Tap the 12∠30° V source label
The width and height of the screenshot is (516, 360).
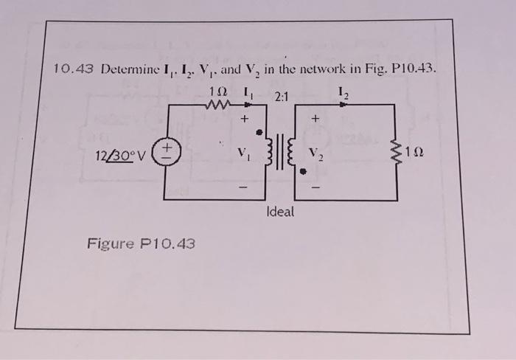(122, 156)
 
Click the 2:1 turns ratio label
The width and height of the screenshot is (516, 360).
(282, 95)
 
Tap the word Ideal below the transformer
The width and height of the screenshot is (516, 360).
(279, 211)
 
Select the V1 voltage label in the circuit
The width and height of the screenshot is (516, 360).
(243, 155)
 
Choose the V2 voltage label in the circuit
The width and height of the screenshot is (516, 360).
(315, 156)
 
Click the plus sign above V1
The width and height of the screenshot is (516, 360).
(242, 118)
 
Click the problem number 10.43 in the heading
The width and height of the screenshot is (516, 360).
(74, 70)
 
